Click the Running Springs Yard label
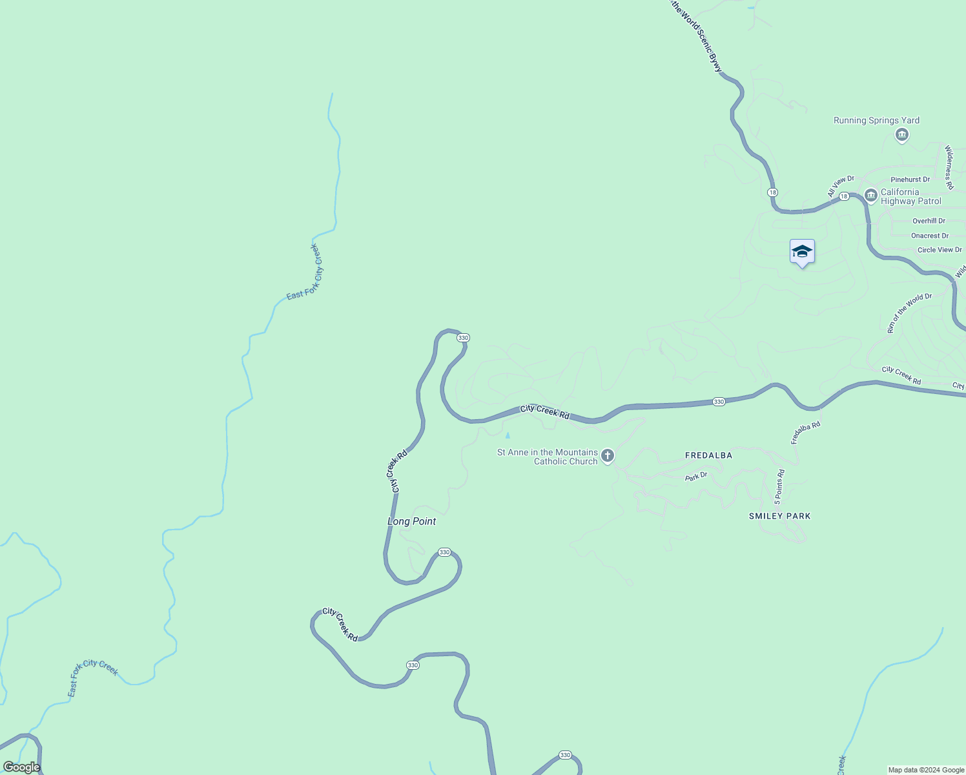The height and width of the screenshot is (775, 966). [x=876, y=120]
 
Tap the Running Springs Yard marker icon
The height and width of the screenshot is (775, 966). [x=902, y=135]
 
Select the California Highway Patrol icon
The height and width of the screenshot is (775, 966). [x=870, y=194]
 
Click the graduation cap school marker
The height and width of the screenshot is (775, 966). [x=802, y=252]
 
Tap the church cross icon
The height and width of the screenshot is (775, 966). [x=607, y=457]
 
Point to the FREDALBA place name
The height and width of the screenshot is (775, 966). [x=708, y=455]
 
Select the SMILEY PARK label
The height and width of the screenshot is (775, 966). [x=779, y=516]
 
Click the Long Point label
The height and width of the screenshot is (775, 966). [x=411, y=521]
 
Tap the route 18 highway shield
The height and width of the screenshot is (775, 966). [x=773, y=192]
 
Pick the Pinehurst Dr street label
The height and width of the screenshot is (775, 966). [x=910, y=180]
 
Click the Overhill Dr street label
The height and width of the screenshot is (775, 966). [x=929, y=221]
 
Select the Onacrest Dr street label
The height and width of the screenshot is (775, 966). [x=930, y=236]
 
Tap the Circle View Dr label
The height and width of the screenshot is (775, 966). [x=940, y=250]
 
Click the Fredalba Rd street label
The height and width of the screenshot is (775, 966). [x=806, y=433]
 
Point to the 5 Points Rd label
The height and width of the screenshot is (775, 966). [x=780, y=487]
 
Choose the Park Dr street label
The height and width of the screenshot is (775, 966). [x=696, y=477]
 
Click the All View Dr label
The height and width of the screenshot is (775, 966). [x=841, y=187]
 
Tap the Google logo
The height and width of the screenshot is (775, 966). [x=22, y=767]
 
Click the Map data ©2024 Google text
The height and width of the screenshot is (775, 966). [x=926, y=770]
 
